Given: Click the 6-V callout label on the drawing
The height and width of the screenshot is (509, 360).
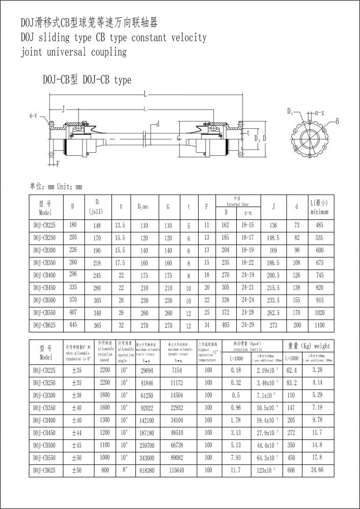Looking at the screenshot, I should (x=33, y=116).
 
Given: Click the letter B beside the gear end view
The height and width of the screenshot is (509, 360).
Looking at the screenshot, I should (x=337, y=121).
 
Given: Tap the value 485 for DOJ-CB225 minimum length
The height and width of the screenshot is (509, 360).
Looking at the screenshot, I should (x=319, y=225).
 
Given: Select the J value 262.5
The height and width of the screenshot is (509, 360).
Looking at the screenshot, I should (x=274, y=312).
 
